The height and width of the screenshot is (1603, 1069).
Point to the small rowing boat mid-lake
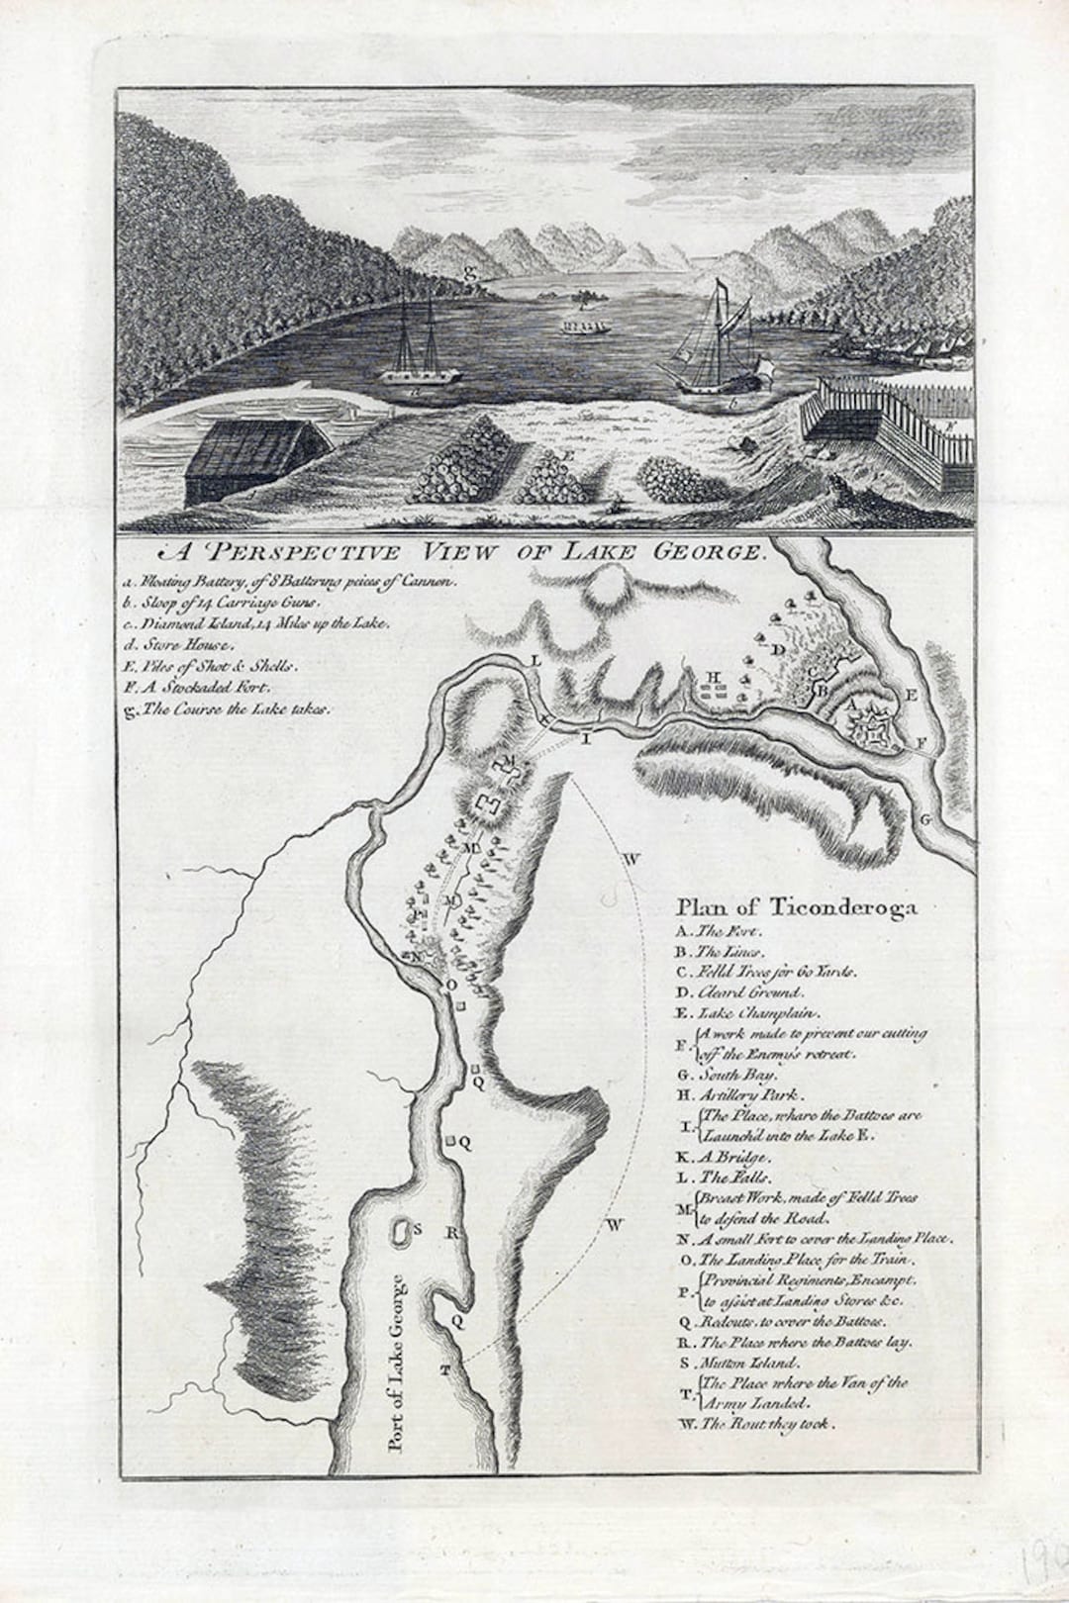(x=585, y=327)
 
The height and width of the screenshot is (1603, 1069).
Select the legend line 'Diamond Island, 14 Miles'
(x=256, y=622)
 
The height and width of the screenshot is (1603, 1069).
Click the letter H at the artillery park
(x=710, y=677)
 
